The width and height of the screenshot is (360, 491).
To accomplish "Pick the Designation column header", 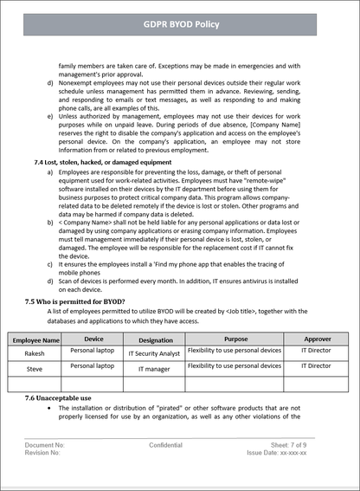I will click(156, 340).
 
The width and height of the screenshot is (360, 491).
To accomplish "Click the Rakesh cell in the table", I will click(34, 353).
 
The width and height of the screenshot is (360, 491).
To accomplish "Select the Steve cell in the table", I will click(34, 369).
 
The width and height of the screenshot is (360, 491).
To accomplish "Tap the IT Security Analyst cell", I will click(154, 354).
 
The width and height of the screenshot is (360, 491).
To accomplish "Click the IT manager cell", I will click(154, 370).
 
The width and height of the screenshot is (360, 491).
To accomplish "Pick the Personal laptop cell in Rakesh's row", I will click(93, 351).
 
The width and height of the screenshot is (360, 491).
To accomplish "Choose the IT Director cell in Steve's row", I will click(316, 366).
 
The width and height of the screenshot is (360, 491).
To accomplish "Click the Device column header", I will click(93, 339).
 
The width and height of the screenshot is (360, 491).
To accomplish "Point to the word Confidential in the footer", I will click(165, 445).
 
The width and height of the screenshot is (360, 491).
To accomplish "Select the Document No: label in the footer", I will click(45, 445).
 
